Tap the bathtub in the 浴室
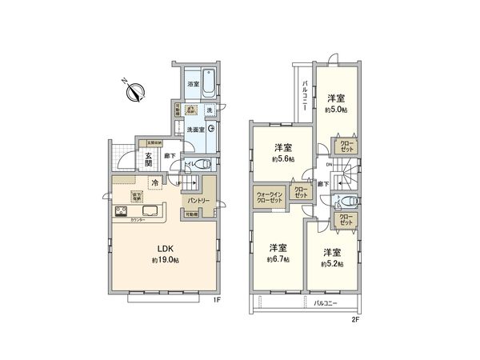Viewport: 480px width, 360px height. (x=210, y=82)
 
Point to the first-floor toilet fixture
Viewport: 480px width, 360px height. (x=202, y=164)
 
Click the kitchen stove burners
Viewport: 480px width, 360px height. (x=120, y=212)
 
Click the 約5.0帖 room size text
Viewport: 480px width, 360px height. (x=337, y=110)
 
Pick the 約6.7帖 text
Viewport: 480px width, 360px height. (x=279, y=259)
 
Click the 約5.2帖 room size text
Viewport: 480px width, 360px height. (x=333, y=263)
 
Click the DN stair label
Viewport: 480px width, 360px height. (x=329, y=165)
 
